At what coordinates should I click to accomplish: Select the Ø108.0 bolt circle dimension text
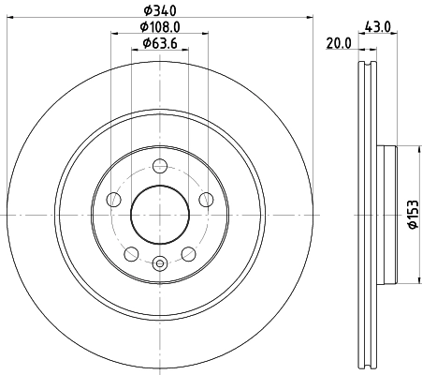(160, 28)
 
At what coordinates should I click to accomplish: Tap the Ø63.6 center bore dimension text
(160, 45)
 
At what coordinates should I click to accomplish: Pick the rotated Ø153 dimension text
(411, 214)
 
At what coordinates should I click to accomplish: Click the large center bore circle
(160, 215)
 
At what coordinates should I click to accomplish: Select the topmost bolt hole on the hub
(160, 167)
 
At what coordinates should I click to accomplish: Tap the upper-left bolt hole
(114, 200)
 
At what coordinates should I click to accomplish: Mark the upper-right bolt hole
(205, 200)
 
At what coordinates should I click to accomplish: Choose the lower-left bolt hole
(132, 253)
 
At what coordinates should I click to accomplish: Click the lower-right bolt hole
(188, 253)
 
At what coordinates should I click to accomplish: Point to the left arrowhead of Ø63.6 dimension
(133, 52)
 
